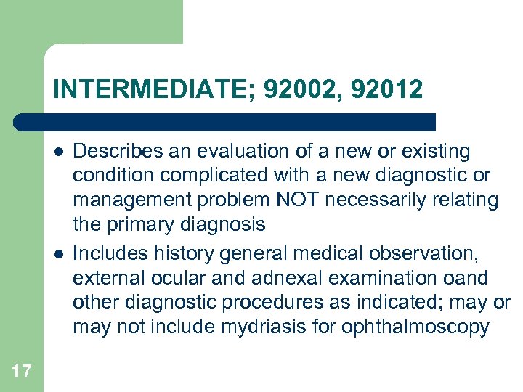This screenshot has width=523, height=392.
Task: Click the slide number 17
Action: (22, 372)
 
